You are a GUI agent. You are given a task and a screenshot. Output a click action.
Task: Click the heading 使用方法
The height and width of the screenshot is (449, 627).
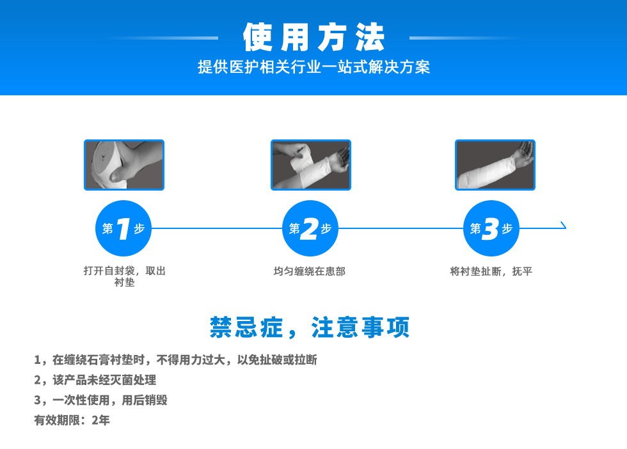(x=314, y=37)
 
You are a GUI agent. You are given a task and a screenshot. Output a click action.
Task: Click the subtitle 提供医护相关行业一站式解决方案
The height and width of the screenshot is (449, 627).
(x=314, y=67)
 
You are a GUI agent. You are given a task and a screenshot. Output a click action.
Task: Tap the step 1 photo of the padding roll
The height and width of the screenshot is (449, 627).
(x=124, y=165)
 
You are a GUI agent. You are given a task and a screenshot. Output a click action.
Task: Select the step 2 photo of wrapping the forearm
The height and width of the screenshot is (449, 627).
(x=311, y=165)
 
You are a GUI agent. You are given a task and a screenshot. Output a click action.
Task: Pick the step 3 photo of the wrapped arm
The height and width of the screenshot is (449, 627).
(x=495, y=165)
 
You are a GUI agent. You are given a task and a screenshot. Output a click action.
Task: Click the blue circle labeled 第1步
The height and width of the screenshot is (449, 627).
(x=123, y=228)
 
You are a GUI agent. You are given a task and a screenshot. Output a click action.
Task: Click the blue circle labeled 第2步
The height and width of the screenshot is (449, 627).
(x=310, y=228)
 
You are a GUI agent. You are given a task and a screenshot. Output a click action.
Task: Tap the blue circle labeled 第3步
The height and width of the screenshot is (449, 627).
(x=491, y=228)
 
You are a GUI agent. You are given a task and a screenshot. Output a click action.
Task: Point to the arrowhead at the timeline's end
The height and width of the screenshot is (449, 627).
(x=564, y=225)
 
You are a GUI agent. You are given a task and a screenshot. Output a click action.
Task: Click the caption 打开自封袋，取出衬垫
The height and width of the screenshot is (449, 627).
(x=124, y=276)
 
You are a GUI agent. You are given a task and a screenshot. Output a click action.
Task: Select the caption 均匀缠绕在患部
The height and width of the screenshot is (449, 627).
(x=310, y=271)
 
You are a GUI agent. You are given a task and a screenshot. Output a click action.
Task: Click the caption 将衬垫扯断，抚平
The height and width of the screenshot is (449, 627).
(x=491, y=271)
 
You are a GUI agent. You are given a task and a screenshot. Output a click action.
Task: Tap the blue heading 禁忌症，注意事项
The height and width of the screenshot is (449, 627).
(x=310, y=327)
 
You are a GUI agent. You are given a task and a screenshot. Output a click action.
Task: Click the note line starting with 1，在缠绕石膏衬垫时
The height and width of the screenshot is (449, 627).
(x=175, y=360)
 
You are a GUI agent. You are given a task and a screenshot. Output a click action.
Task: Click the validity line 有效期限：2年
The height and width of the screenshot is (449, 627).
(x=72, y=420)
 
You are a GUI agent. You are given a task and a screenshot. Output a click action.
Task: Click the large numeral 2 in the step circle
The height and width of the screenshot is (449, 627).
(x=310, y=229)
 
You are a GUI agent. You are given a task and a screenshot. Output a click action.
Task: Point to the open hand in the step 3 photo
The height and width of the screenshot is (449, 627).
(x=524, y=155)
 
